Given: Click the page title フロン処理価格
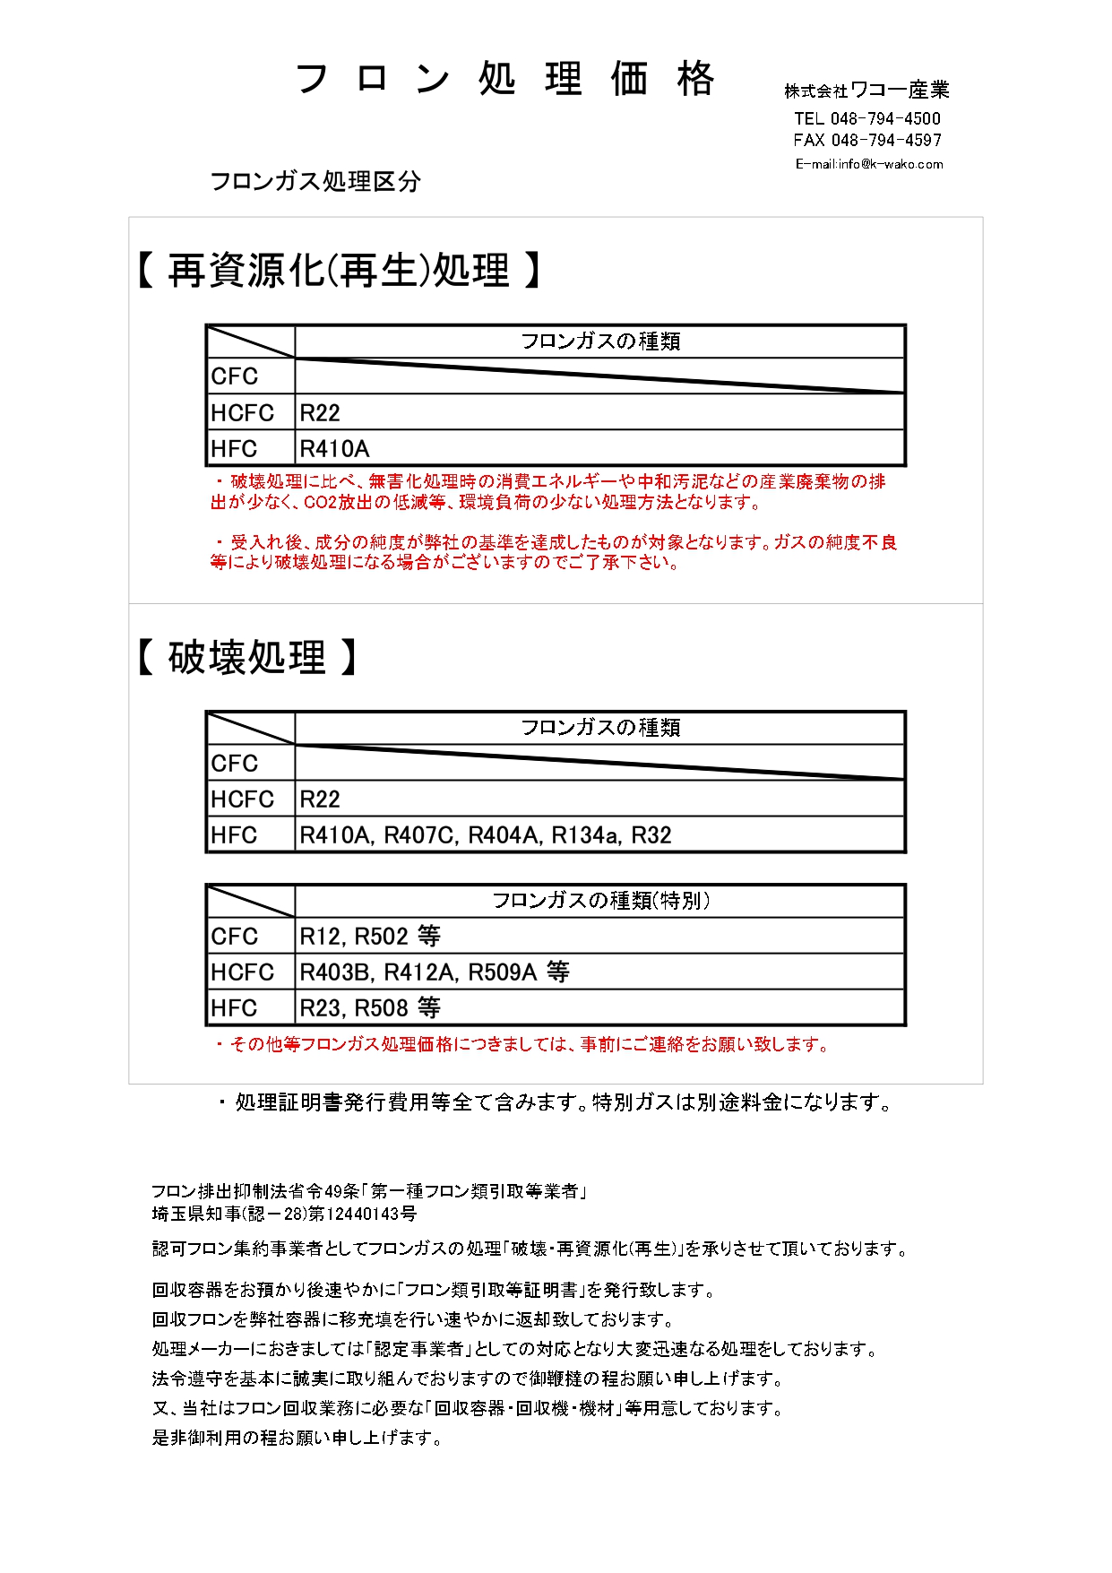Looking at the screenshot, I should pos(504,79).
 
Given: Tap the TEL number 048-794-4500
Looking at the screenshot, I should pos(885,118).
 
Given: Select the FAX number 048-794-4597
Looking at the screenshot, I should pos(886,140).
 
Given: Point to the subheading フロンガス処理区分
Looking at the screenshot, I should pos(315,182).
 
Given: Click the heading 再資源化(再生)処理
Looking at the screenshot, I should pos(338,271).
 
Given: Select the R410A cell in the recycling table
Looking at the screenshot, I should pos(334,448).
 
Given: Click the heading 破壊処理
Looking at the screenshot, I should pos(246,658).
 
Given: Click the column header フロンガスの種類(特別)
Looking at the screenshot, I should pos(600,901).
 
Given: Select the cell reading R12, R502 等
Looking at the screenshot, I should pos(369,937).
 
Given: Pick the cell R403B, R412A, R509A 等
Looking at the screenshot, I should pos(434,972).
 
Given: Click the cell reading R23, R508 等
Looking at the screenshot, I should pos(369,1008).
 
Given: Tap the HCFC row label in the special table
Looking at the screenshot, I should pos(242,972).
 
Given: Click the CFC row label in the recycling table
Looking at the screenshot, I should pos(235,376).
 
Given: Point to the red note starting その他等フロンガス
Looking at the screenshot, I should pos(524,1044).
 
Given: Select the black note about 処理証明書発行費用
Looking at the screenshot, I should pos(556,1102).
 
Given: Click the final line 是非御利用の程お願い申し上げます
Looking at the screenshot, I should pos(297,1438).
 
